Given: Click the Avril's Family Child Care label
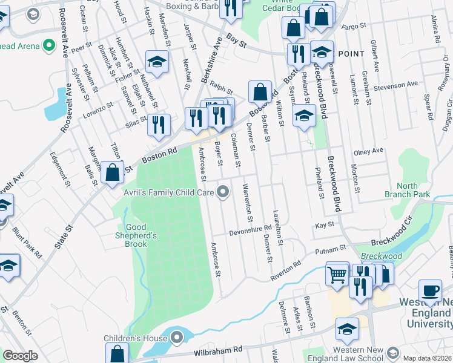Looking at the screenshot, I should pyautogui.click(x=170, y=193).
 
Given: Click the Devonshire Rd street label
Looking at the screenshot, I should pyautogui.click(x=250, y=231).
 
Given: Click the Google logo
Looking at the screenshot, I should pyautogui.click(x=20, y=356).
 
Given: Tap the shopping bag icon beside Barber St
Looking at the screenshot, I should pyautogui.click(x=260, y=92).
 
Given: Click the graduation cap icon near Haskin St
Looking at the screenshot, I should pyautogui.click(x=157, y=62).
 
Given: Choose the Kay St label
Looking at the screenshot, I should pyautogui.click(x=325, y=224).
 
